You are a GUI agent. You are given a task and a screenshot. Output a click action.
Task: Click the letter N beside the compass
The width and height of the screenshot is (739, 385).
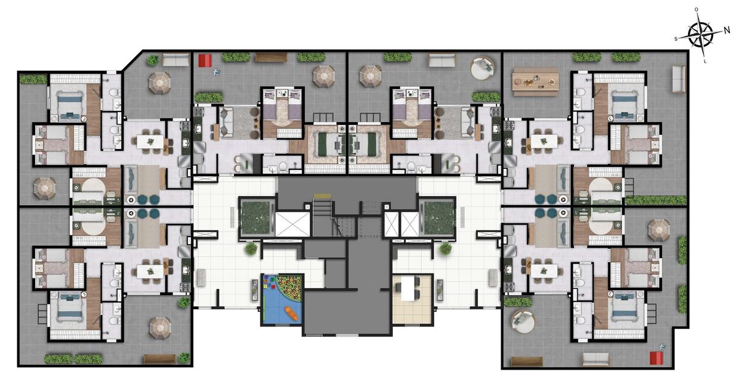(727, 30)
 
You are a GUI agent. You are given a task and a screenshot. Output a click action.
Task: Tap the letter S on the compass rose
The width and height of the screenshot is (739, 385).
(676, 39)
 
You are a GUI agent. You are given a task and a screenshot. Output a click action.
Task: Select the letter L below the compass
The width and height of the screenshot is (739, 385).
(705, 62)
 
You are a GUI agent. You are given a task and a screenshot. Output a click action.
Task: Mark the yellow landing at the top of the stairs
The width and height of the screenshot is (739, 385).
(322, 196)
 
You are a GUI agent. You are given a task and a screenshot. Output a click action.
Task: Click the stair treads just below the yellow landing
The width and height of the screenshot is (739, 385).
(322, 208)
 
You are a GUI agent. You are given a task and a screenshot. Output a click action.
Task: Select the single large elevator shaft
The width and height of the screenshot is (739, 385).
(293, 224)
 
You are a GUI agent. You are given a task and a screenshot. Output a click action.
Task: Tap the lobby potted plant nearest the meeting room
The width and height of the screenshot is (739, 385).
(445, 249)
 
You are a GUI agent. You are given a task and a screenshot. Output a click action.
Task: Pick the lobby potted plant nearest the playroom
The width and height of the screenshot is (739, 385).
(251, 248)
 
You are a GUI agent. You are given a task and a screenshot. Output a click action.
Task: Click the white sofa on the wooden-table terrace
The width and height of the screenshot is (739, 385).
(679, 79)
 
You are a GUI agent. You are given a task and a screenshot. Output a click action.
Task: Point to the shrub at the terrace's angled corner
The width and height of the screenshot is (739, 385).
(153, 60)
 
